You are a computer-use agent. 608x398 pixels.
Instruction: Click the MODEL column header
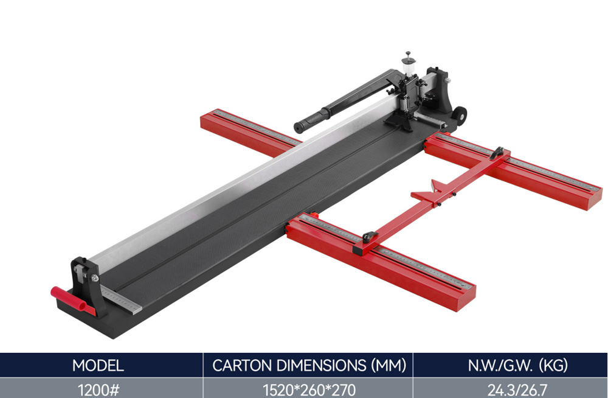98,365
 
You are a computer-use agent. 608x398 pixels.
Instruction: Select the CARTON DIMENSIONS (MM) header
309,365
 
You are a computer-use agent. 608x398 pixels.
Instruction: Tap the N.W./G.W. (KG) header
517,365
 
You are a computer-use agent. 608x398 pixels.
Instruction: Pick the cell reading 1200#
98,389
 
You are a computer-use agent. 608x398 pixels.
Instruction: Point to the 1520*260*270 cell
309,389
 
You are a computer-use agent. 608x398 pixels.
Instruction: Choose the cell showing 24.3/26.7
517,389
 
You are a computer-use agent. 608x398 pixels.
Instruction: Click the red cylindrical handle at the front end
73,301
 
